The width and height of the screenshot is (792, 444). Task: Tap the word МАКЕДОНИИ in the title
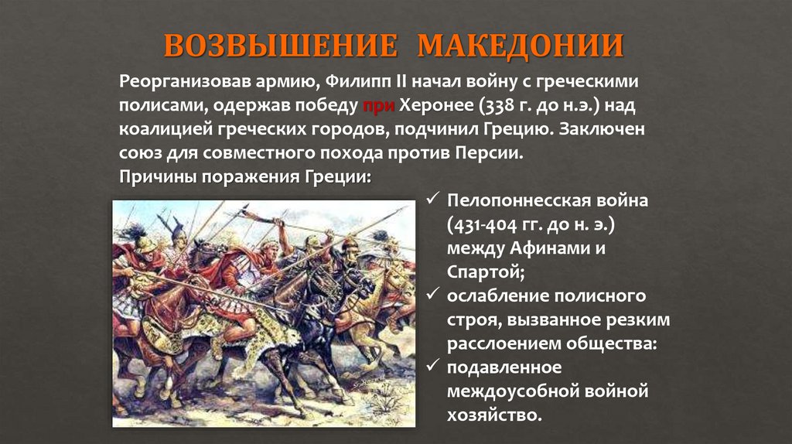tap(520, 46)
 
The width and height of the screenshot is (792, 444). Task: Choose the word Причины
tap(157, 176)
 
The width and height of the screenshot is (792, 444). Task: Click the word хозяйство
tap(491, 416)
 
